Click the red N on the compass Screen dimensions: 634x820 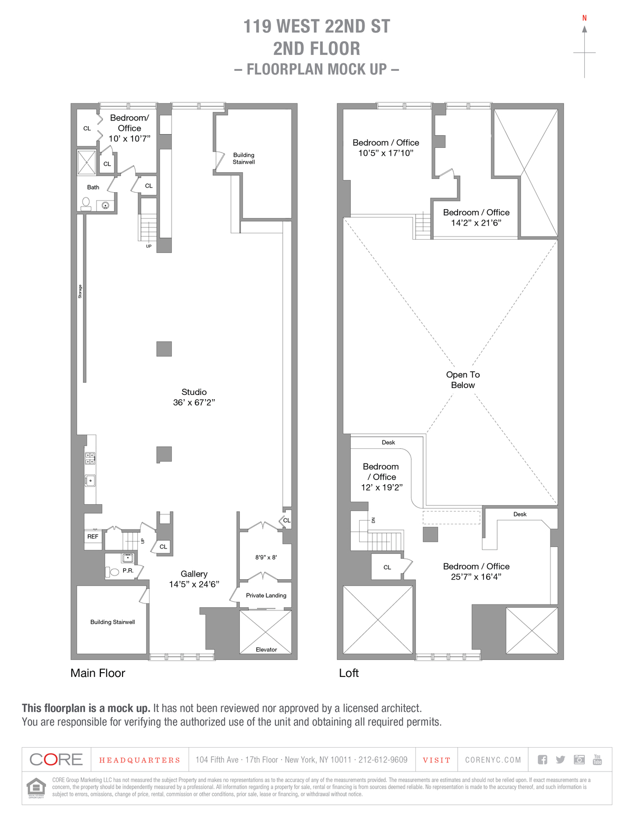(x=584, y=18)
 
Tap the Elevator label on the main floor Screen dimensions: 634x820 (x=266, y=649)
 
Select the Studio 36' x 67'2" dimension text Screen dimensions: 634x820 (x=194, y=402)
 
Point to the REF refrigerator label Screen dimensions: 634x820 (x=93, y=536)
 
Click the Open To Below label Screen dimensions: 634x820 (x=463, y=380)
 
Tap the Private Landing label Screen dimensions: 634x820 (x=266, y=596)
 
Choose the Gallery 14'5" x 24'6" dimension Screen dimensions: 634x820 (x=194, y=584)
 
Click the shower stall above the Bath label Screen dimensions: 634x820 (x=87, y=162)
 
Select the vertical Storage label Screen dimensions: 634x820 (x=80, y=291)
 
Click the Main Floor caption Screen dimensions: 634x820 (x=98, y=673)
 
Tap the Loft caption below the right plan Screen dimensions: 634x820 (x=349, y=673)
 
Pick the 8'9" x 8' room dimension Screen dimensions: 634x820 (x=266, y=558)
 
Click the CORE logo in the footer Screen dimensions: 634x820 (x=57, y=760)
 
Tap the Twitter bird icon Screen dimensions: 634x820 (x=561, y=760)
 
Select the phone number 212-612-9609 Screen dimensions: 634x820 (x=383, y=760)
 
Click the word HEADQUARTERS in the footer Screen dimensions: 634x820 (x=140, y=760)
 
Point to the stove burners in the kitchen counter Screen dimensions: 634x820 (x=90, y=458)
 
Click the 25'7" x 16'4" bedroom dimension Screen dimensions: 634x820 (x=476, y=577)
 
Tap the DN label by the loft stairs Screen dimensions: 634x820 (x=374, y=520)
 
